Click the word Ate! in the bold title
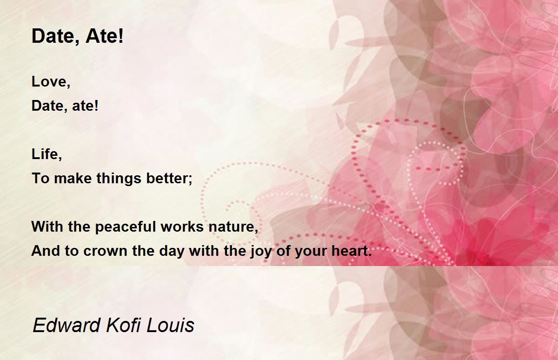[x=104, y=36]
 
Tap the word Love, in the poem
[x=51, y=81]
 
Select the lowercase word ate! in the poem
[x=85, y=106]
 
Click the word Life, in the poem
[x=46, y=154]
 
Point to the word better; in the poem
[x=169, y=179]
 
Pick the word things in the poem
[x=119, y=179]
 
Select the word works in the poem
[x=182, y=227]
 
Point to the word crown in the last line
[x=106, y=251]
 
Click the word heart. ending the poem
[x=352, y=251]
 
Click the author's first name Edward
[x=66, y=325]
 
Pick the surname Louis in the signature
[x=170, y=325]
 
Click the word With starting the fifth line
[x=47, y=227]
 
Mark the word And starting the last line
[x=46, y=251]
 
